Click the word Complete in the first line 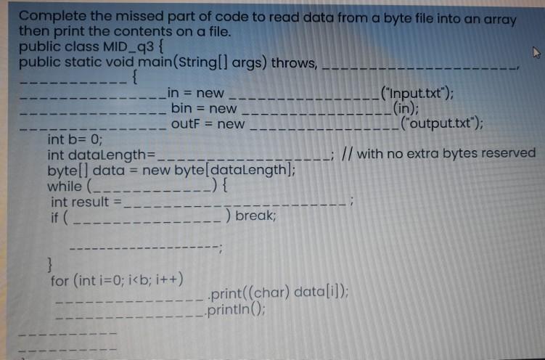pos(49,16)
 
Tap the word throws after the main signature pos(294,62)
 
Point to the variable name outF pos(187,123)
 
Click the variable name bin pos(181,108)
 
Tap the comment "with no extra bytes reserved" pos(445,154)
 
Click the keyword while pos(65,185)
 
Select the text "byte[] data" pos(81,170)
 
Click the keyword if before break pos(55,216)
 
